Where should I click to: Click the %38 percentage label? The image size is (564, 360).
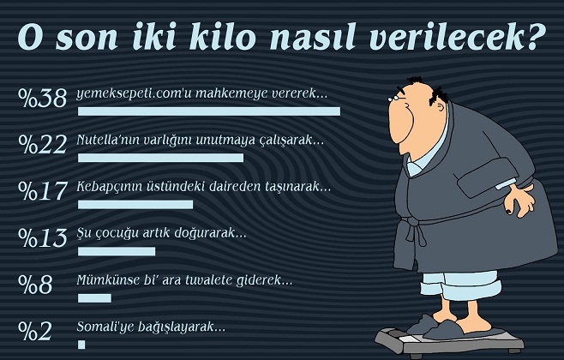point(43,98)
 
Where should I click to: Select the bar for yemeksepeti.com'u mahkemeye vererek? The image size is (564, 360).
point(209,111)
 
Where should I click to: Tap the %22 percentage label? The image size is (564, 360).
point(43,144)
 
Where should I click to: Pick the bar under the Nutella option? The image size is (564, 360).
point(161,158)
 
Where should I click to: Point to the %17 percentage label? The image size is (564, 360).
point(43,191)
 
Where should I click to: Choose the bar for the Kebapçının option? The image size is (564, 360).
point(135,205)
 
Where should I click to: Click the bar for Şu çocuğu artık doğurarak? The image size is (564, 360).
point(117,251)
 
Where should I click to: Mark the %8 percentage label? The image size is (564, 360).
point(36,285)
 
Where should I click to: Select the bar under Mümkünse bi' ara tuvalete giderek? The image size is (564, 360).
point(94,298)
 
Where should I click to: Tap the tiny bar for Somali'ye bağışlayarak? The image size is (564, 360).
point(81,345)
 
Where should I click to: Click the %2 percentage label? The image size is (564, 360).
point(35,331)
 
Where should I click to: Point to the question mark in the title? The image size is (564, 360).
point(534,36)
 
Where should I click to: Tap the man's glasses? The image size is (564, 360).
point(396,96)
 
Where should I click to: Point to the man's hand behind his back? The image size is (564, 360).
point(520,200)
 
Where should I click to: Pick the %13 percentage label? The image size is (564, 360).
point(43,237)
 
